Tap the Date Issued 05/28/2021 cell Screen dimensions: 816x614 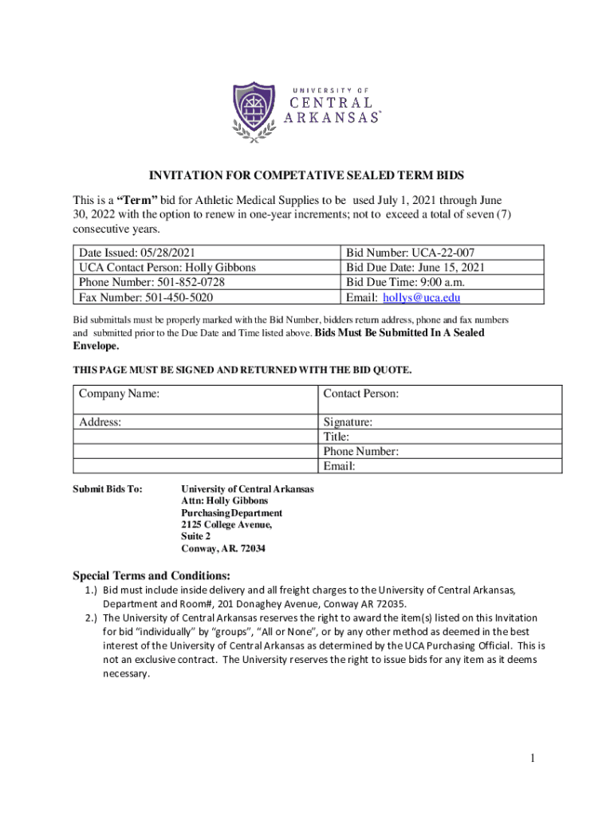[x=136, y=253]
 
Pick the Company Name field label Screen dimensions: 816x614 [x=119, y=394]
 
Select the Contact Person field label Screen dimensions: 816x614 [x=360, y=394]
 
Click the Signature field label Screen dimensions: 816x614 [x=348, y=422]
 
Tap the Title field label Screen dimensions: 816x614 [x=337, y=437]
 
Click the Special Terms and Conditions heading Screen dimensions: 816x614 [x=152, y=575]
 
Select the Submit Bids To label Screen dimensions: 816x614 [x=108, y=489]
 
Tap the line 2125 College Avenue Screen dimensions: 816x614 [x=226, y=525]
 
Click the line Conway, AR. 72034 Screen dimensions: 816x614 [x=223, y=549]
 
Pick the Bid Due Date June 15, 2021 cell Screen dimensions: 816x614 [x=415, y=268]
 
